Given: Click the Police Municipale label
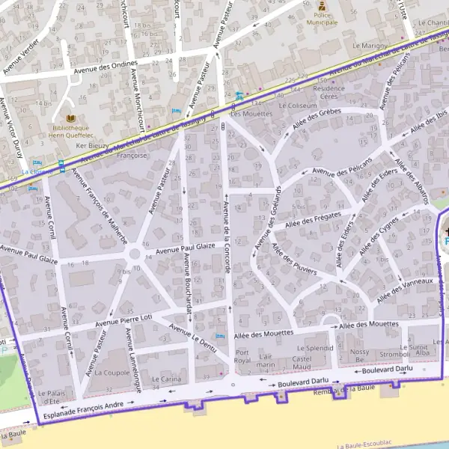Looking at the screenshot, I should [x=326, y=19].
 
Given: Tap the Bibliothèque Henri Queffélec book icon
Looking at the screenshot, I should [x=72, y=119].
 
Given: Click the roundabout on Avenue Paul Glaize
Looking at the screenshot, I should [x=135, y=254].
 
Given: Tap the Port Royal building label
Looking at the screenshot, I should [x=242, y=356].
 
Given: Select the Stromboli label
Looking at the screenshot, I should [x=394, y=355].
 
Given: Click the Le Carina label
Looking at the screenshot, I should [x=166, y=379].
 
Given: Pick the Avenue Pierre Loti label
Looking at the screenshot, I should [x=126, y=320].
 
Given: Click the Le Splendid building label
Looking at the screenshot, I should [x=315, y=349].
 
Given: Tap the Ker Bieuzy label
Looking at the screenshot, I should [x=93, y=144].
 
